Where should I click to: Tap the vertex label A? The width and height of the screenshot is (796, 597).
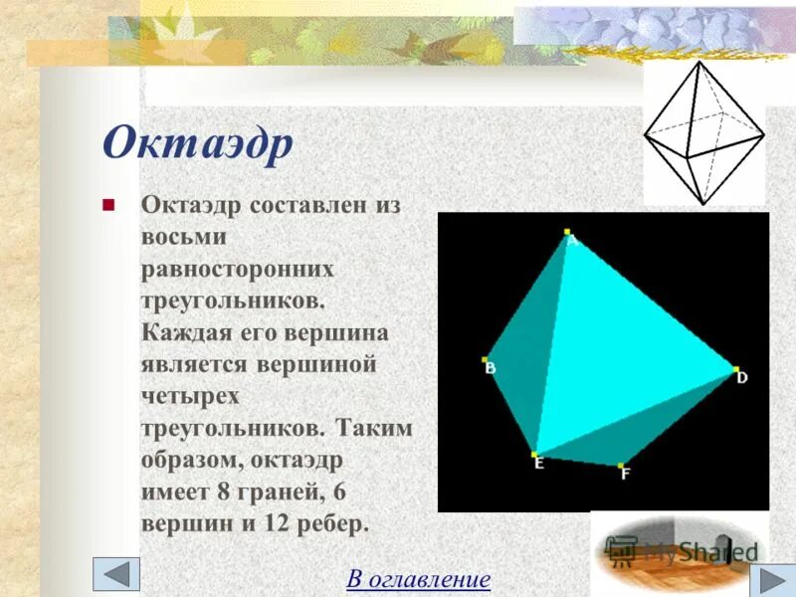573,239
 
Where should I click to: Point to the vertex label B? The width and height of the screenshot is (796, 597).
491,369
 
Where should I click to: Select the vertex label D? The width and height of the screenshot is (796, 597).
742,378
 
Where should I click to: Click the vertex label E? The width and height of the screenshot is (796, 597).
538,463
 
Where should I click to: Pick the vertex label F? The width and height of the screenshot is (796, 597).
626,475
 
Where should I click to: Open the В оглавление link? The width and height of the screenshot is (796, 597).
418,578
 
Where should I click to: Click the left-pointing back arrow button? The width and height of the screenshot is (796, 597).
116,574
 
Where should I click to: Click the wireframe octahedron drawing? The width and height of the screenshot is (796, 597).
703,132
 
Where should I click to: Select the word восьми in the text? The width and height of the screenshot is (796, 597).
184,238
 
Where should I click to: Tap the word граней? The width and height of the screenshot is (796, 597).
286,492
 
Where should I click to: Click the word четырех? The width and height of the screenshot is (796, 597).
191,396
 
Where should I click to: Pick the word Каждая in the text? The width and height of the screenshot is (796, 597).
185,332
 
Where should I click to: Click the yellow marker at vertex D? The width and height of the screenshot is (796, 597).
735,368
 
